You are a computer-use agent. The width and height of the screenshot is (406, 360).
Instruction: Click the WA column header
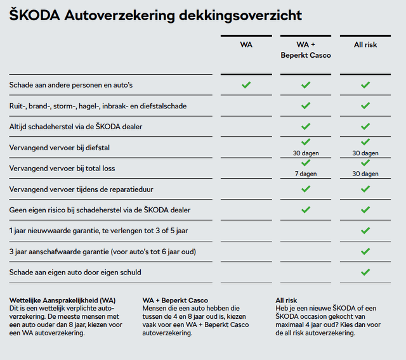[246, 45]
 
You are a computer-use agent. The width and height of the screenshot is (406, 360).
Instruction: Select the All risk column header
[365, 45]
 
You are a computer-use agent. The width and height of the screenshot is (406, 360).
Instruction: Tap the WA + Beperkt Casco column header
[305, 50]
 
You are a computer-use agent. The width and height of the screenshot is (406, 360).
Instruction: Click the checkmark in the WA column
[246, 84]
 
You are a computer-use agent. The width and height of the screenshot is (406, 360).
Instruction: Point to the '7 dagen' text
[305, 174]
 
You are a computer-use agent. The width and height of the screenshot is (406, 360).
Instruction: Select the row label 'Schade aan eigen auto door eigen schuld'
[75, 273]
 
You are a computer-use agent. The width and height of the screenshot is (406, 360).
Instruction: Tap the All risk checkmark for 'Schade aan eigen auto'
[365, 273]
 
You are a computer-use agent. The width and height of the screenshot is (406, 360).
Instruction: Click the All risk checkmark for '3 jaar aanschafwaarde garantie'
[365, 252]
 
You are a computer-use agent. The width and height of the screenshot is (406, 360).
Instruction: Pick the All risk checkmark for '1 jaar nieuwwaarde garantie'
[365, 231]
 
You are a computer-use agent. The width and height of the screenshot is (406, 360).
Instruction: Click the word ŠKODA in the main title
[36, 15]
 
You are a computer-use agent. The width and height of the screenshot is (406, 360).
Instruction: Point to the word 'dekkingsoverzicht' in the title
[248, 15]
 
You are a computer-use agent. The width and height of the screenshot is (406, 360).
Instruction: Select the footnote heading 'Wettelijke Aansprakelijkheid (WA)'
[62, 300]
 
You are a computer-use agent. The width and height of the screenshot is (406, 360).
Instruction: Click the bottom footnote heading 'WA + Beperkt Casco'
[175, 300]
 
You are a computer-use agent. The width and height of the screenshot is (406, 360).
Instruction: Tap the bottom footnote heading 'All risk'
[286, 300]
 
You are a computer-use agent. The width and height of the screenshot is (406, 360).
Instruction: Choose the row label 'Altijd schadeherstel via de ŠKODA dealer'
[75, 127]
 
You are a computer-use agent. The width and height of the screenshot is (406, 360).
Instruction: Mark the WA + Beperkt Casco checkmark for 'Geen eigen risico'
[305, 210]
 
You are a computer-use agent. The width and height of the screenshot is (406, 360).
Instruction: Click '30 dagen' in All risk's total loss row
[365, 174]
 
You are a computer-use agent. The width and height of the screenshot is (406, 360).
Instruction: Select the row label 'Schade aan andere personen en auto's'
[70, 85]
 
